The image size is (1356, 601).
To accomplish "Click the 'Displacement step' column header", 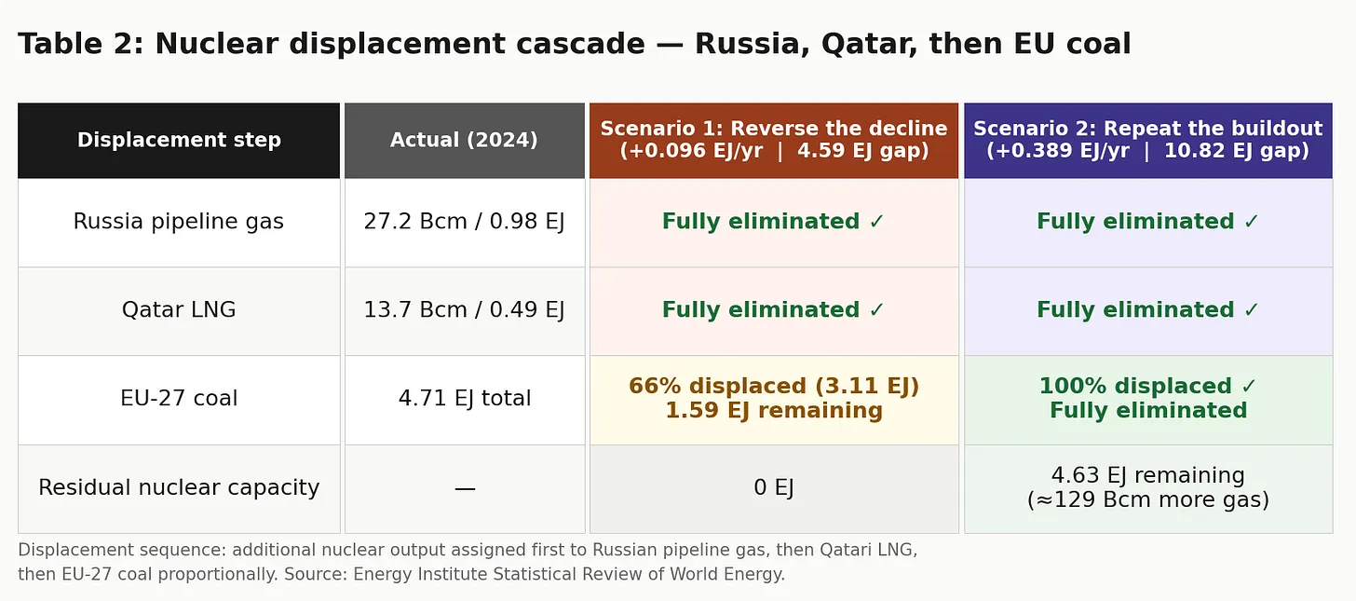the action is pos(179,140).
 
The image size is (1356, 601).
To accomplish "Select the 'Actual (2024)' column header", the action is pos(465,140).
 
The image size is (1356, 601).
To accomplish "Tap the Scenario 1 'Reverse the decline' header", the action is pos(774,140).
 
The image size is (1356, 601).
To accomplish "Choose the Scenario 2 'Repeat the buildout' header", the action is pos(1147,140).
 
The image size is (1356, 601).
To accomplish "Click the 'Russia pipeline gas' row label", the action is pos(179,222).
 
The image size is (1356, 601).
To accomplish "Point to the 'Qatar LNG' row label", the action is pos(179,309).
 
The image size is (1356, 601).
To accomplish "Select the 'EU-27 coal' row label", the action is pos(179,399).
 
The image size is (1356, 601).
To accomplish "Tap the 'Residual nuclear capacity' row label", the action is pos(179,487).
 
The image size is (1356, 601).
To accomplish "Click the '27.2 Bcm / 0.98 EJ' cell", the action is pos(465,222).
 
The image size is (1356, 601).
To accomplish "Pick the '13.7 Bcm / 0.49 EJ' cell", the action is pos(465,309).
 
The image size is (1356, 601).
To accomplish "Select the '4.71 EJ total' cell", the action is pos(465,399).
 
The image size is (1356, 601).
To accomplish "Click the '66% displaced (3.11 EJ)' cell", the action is pos(774,399).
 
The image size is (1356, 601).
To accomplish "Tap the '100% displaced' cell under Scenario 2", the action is pos(1147,399).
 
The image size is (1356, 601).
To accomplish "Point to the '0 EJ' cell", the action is pos(774,487).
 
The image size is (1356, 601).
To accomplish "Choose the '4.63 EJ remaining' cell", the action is pos(1147,487).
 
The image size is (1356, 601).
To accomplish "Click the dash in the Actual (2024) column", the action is pos(465,488).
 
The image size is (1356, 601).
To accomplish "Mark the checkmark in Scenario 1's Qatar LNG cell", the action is pos(876,310).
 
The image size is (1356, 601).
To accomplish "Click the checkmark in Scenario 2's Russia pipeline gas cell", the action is pos(1252,222).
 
